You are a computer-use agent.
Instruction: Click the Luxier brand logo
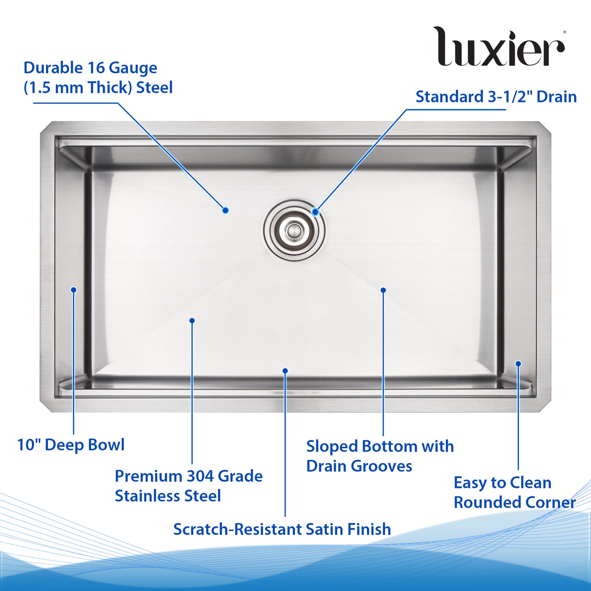499,46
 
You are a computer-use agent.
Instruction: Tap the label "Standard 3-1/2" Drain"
496,97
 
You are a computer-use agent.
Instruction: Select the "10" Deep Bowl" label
71,445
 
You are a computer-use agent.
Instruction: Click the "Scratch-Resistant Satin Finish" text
282,529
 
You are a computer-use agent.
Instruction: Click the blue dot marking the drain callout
315,211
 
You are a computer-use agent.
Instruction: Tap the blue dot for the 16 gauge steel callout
225,210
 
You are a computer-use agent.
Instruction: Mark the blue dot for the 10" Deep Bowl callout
74,290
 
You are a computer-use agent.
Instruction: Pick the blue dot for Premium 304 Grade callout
192,321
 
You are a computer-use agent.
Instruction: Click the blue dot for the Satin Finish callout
285,371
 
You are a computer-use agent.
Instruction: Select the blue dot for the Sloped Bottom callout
383,290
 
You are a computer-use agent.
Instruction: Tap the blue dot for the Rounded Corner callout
518,364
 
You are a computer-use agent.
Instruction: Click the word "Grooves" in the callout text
381,466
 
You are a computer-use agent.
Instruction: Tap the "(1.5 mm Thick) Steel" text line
98,88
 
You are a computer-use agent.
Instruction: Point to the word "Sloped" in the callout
332,447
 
